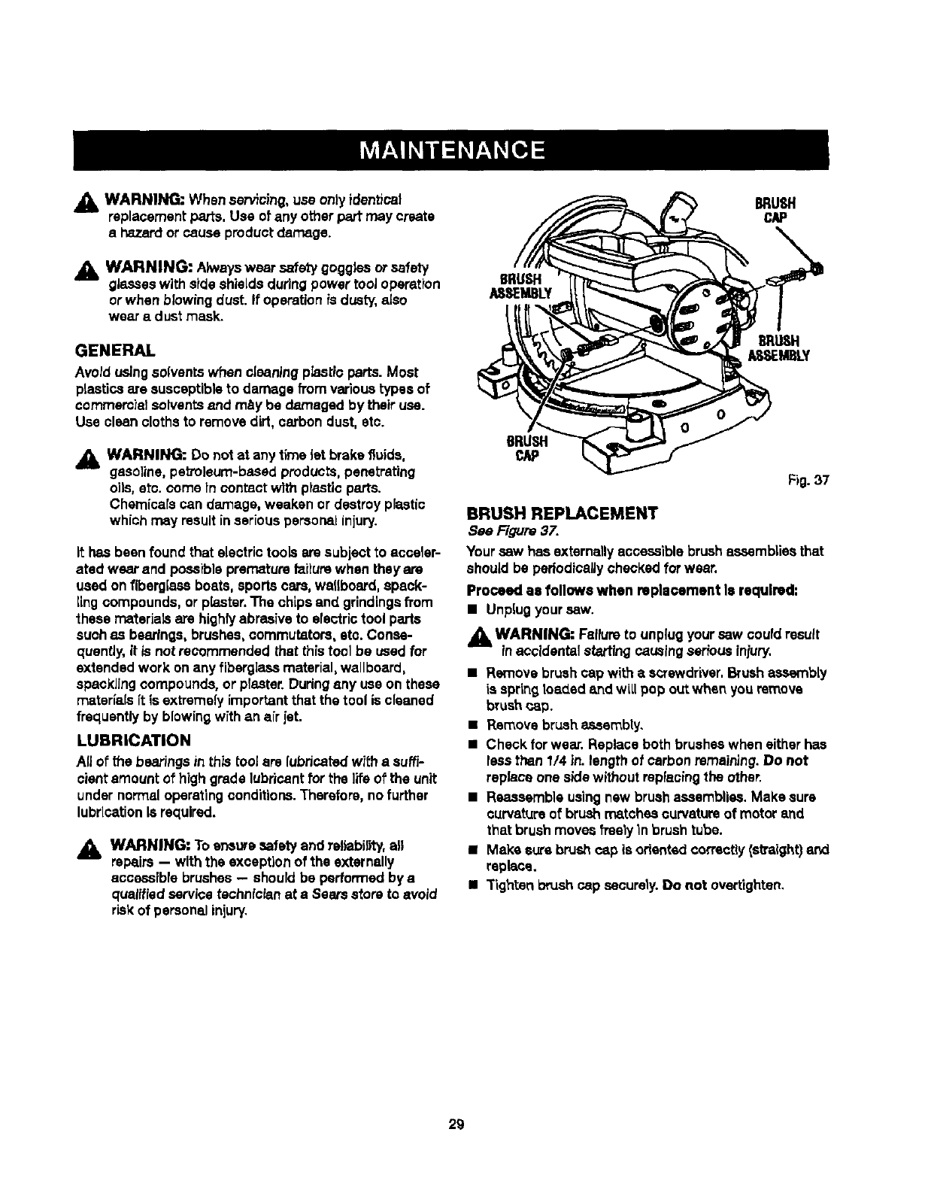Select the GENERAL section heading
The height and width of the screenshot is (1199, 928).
click(115, 351)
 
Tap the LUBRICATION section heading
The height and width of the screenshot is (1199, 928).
click(132, 739)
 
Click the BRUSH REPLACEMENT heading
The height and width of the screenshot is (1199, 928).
click(562, 514)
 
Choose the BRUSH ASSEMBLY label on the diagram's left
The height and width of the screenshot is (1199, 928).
click(520, 286)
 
